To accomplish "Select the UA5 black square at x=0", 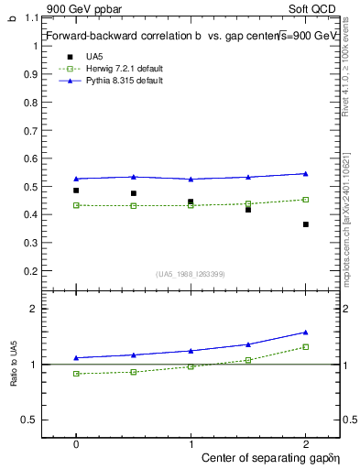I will (x=76, y=191).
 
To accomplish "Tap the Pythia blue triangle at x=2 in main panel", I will (x=306, y=173).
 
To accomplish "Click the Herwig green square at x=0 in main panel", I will (x=76, y=205).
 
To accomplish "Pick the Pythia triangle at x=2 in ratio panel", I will (x=306, y=332).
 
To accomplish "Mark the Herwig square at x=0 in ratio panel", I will (x=76, y=374).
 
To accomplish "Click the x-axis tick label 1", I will (x=191, y=442).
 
